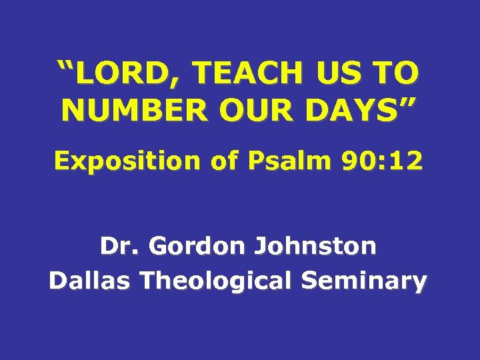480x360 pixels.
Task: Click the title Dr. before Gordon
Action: click(x=121, y=246)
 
